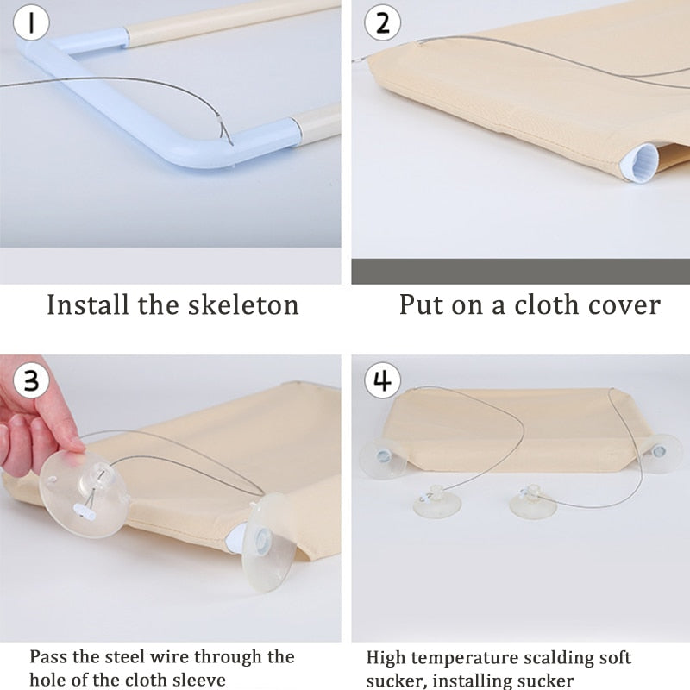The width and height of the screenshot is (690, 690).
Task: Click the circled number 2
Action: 382,22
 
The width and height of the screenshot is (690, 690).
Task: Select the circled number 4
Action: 382,380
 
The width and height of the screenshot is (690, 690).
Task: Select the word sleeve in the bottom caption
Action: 199,680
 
